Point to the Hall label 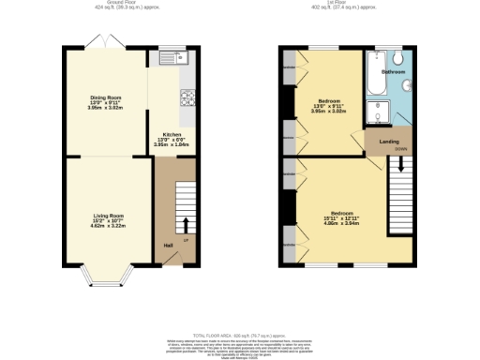(169, 246)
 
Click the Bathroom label (393, 72)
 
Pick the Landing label (387, 142)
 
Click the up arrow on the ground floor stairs (184, 224)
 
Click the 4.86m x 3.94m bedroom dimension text (334, 226)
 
